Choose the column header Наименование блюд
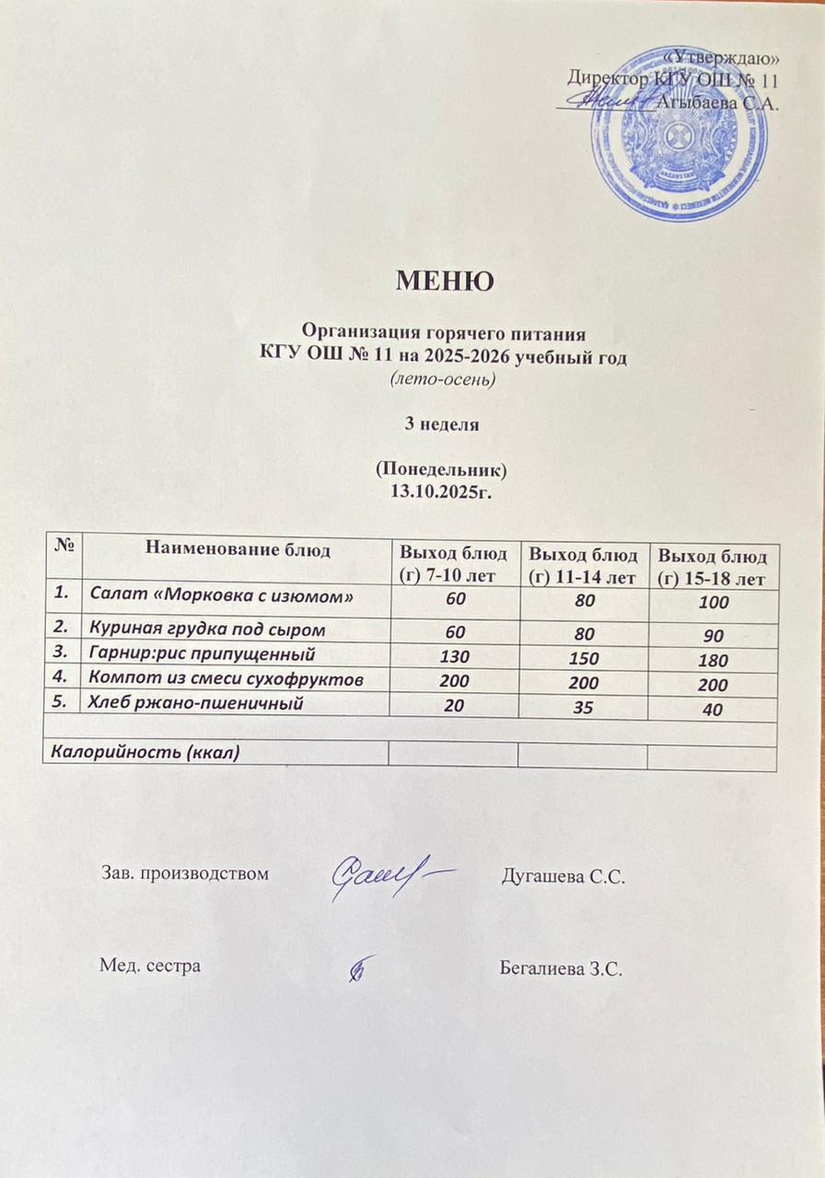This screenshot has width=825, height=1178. point(237,550)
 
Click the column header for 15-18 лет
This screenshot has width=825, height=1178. point(714,568)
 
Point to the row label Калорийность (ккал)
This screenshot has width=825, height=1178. point(145,753)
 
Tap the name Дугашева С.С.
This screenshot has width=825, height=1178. point(563,875)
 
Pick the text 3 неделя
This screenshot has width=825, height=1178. point(442,424)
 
